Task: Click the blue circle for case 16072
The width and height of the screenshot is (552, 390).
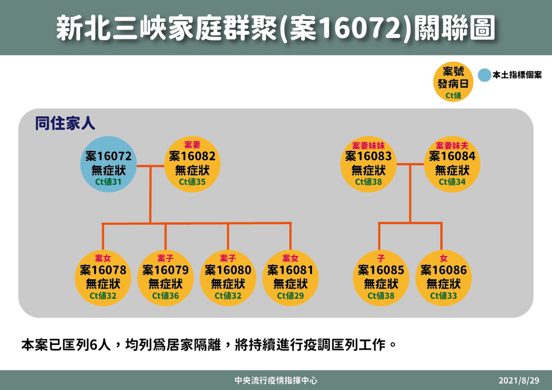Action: [108, 164]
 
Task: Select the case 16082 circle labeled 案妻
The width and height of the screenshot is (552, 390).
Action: [192, 164]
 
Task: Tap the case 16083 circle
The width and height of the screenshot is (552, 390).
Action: [368, 164]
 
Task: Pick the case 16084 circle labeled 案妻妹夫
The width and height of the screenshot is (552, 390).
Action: [452, 164]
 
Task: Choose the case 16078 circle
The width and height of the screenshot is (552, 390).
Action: [103, 278]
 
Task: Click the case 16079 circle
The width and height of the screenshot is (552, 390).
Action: [165, 278]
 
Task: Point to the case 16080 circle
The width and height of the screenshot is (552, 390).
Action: [228, 278]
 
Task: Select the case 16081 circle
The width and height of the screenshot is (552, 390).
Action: [290, 278]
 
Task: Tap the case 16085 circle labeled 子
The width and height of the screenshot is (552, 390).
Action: [381, 278]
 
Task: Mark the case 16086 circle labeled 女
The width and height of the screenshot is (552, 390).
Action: [443, 278]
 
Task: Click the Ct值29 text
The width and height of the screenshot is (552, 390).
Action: [290, 296]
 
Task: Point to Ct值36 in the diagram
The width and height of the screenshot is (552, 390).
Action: [165, 296]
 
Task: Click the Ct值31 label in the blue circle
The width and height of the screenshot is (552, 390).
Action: [108, 182]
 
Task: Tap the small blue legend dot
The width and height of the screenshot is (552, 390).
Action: [484, 75]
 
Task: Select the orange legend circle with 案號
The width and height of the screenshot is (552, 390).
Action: [453, 82]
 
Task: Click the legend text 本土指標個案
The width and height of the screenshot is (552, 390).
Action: [517, 75]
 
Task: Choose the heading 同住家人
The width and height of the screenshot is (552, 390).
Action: [65, 123]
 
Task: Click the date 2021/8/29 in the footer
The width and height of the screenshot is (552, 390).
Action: [519, 380]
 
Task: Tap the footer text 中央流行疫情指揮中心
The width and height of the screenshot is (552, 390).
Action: [276, 380]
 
